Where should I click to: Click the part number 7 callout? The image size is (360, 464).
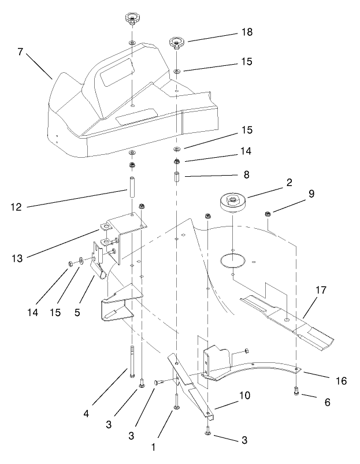20,53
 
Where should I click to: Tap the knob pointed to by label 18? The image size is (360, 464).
176,43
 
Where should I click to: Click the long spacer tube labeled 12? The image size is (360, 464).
132,192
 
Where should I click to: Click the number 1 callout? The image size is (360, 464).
154,447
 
